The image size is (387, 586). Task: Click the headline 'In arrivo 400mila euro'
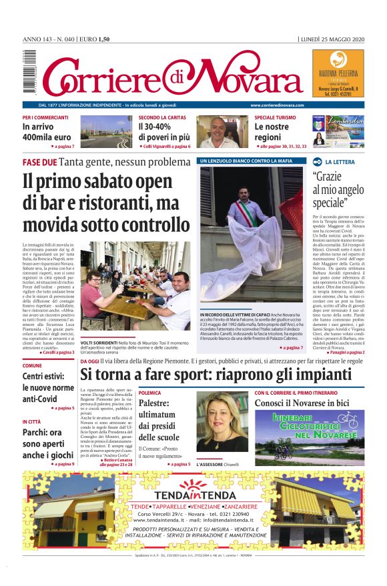coord(47,131)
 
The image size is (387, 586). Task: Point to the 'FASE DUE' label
coord(39,163)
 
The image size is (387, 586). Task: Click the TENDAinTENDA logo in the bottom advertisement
coord(193,494)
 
